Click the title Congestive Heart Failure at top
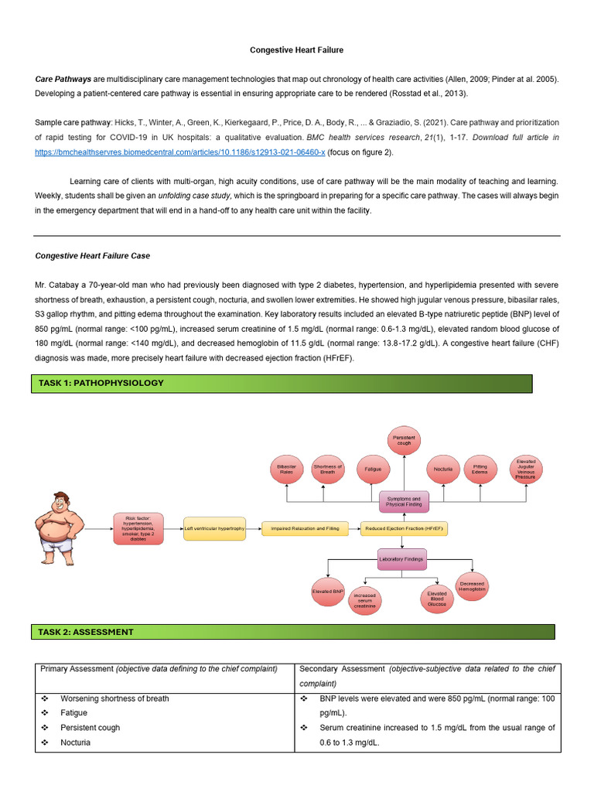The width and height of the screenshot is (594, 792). (296, 49)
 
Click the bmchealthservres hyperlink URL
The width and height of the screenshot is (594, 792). (179, 152)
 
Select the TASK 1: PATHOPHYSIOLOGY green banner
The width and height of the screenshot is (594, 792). (281, 383)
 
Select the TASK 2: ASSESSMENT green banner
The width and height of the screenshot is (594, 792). (292, 632)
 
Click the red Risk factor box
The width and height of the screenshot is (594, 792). (138, 528)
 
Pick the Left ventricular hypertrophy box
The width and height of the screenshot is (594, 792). (214, 528)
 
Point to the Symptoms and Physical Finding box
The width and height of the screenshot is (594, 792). (403, 502)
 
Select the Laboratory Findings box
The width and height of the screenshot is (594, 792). (401, 559)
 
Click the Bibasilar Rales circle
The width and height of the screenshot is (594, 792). (286, 469)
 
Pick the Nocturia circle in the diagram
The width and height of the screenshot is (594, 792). (443, 469)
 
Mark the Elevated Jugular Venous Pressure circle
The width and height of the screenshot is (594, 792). (525, 469)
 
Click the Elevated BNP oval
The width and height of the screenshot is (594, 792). (328, 592)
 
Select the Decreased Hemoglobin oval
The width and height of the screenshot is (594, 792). (472, 586)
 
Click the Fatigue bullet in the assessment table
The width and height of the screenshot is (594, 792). (74, 713)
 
